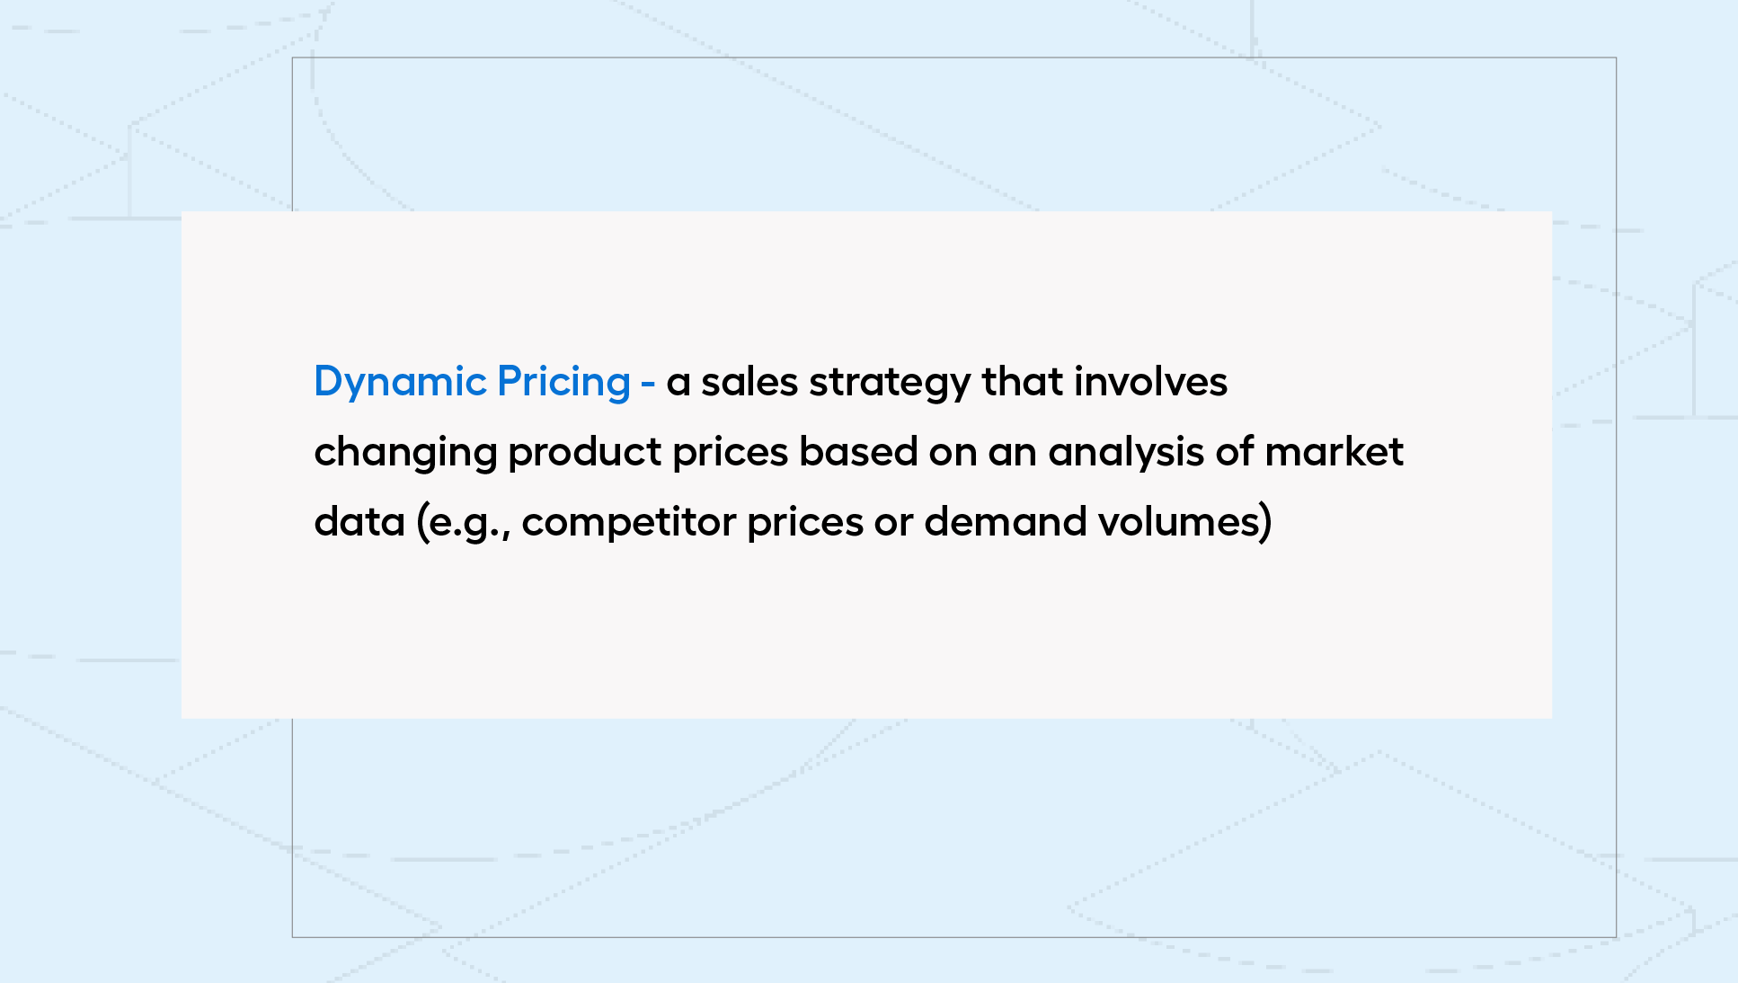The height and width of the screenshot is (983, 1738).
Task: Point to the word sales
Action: point(749,382)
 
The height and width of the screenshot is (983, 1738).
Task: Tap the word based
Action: point(858,452)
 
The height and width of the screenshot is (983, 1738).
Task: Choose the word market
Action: point(1334,452)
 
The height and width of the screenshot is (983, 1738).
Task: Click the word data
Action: point(359,522)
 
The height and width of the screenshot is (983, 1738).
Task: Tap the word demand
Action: point(1006,522)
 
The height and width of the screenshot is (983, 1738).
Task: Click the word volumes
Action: point(1176,522)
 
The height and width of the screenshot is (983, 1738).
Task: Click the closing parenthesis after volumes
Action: point(1265,522)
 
